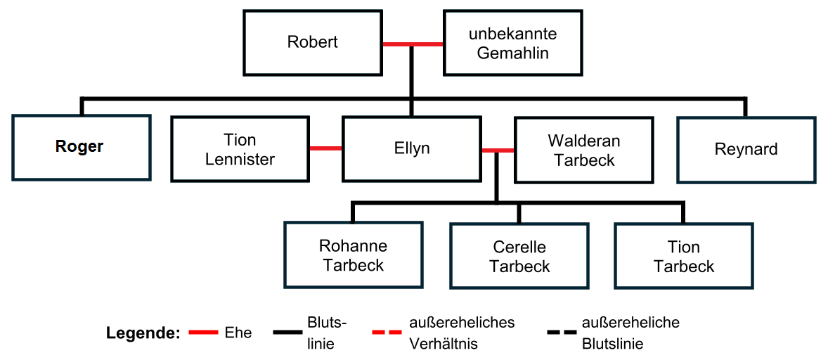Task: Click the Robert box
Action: pos(312,42)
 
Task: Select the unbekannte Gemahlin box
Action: pos(512,43)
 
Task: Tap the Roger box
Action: pos(81,148)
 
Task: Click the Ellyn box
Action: pos(412,149)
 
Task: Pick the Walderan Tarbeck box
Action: pos(583,150)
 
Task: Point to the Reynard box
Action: pos(746,149)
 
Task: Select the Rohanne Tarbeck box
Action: pos(353,255)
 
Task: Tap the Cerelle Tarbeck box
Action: pos(519,257)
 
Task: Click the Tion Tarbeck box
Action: pos(683,256)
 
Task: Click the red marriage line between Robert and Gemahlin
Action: pos(413,44)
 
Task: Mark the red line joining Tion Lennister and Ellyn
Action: pos(326,148)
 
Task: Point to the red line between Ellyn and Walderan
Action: pos(498,150)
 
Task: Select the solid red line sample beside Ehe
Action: pos(204,333)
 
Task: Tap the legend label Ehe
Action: pos(238,333)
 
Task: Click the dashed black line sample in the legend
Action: pos(560,333)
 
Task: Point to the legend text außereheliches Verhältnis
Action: pos(462,333)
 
